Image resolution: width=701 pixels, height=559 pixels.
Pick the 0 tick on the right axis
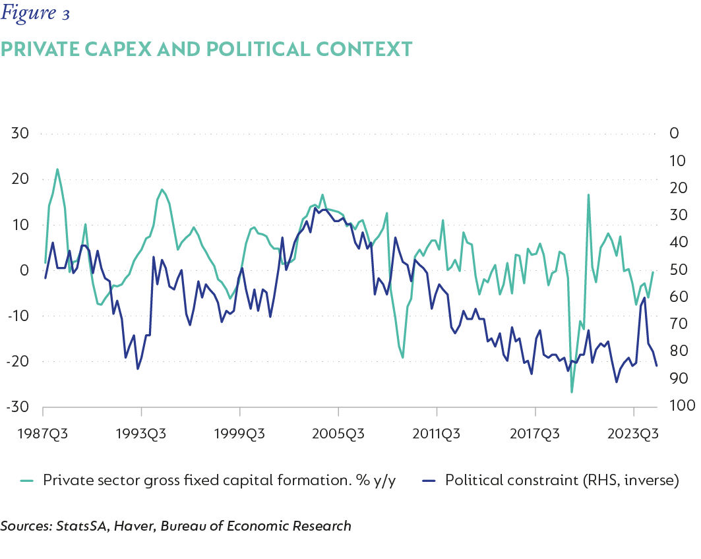(674, 133)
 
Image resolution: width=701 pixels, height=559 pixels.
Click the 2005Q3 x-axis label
(338, 434)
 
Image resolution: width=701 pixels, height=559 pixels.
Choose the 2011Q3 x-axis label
(437, 434)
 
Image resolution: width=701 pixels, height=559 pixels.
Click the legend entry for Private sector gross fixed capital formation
(218, 480)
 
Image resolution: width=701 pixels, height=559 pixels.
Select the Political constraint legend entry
(561, 480)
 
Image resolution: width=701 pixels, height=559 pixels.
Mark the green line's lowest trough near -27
(572, 392)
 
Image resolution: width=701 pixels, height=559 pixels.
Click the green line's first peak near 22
(57, 169)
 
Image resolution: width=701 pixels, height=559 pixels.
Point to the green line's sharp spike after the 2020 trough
(588, 195)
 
